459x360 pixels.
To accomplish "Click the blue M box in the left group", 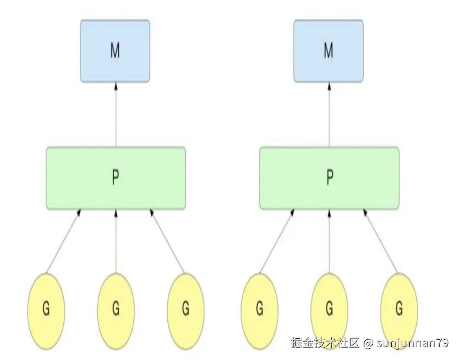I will [115, 51].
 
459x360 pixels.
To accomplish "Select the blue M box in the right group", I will [329, 51].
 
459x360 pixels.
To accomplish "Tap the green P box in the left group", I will [116, 178].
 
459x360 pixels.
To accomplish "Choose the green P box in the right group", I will [329, 178].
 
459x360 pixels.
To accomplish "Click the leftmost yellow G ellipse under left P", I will [46, 308].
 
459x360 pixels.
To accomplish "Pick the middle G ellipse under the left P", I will [116, 308].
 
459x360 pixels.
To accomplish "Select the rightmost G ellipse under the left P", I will [185, 308].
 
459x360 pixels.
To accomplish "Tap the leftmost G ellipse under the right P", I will [259, 308].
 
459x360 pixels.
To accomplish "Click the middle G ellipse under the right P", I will [329, 308].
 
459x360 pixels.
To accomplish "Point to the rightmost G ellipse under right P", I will [399, 308].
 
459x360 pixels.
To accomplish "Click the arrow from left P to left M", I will [116, 115].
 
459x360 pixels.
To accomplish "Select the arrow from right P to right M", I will [329, 115].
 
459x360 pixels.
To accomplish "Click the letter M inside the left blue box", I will [115, 51].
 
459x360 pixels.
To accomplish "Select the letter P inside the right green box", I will [329, 178].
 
